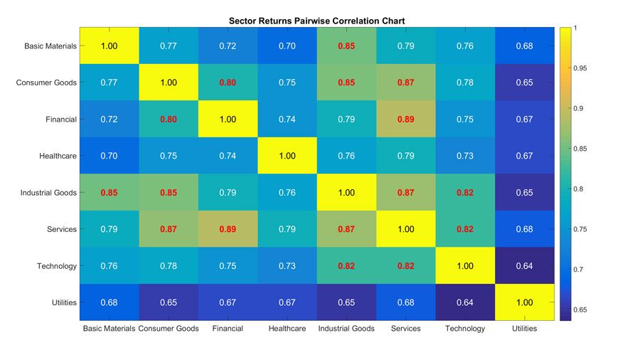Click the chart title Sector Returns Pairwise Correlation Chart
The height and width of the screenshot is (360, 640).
pyautogui.click(x=316, y=21)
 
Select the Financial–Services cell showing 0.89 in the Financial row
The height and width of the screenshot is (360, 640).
pyautogui.click(x=406, y=120)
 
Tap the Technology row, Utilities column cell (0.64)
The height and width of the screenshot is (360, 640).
pyautogui.click(x=525, y=266)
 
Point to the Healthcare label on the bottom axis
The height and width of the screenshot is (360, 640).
pyautogui.click(x=287, y=329)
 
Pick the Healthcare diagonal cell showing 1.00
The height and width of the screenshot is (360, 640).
pyautogui.click(x=287, y=156)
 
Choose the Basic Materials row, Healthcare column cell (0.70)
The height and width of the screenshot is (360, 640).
pyautogui.click(x=287, y=46)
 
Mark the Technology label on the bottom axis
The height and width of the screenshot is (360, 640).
pyautogui.click(x=465, y=329)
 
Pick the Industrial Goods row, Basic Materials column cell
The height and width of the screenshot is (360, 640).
pyautogui.click(x=109, y=193)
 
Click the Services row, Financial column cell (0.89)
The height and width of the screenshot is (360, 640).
pyautogui.click(x=228, y=229)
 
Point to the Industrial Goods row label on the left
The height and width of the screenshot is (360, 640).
pyautogui.click(x=48, y=193)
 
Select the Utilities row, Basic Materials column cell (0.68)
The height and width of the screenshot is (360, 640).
pyautogui.click(x=109, y=303)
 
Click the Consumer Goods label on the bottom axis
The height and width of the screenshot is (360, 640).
pyautogui.click(x=169, y=329)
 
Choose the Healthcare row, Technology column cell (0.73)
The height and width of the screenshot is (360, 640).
pyautogui.click(x=465, y=156)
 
